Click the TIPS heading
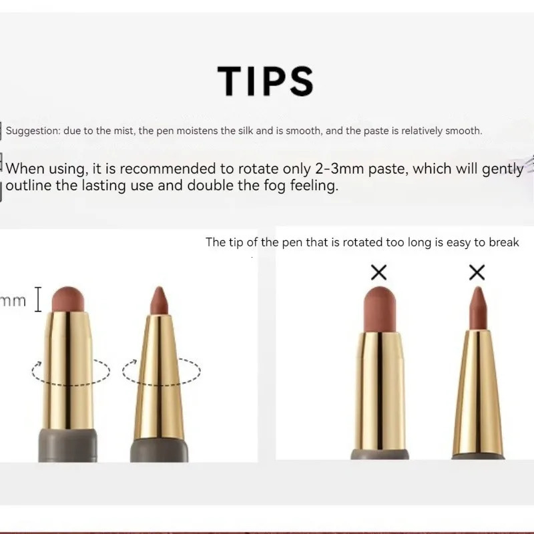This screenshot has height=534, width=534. click(266, 81)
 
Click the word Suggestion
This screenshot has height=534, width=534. click(31, 131)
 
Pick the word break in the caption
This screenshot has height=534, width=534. click(504, 242)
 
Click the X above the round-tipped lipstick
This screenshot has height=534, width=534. click(378, 272)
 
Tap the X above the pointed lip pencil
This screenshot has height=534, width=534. click(477, 272)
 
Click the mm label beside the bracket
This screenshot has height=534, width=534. click(13, 300)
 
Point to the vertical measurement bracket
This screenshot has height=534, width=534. click(38, 300)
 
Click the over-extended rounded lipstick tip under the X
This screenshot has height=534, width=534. click(378, 307)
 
